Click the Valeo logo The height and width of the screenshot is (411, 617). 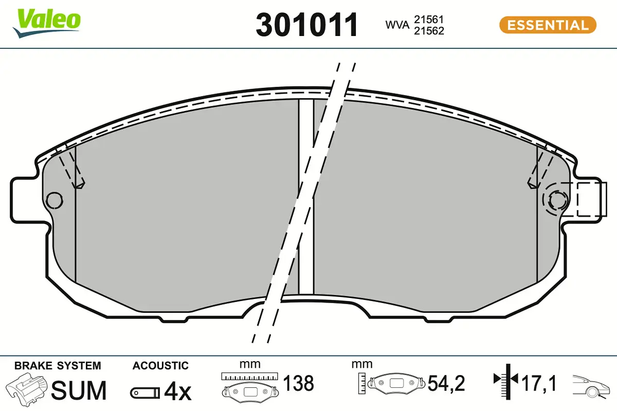47,23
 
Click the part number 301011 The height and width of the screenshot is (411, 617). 307,25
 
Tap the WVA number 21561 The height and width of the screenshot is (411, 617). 429,20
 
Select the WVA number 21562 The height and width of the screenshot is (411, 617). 429,31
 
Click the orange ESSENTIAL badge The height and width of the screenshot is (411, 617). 548,25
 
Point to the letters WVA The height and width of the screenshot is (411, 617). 397,25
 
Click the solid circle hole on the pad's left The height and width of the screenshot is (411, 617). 55,201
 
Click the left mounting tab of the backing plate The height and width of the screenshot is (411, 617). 28,200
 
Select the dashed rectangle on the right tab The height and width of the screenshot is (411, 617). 592,199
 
